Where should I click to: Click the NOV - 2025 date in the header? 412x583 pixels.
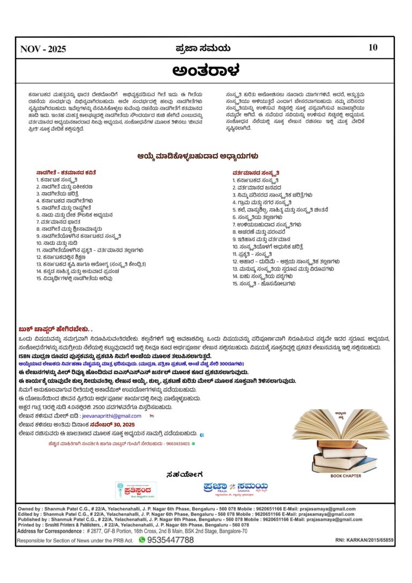43,49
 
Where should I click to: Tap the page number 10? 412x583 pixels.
373,47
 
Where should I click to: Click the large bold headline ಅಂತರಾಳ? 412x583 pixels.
205,70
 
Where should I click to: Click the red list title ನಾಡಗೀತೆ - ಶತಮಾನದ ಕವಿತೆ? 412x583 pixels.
66,172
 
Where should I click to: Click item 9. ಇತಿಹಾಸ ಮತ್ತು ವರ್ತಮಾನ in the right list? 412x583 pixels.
266,238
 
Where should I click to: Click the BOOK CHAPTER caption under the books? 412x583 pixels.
345,476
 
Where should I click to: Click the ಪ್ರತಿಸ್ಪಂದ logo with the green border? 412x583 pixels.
134,490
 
